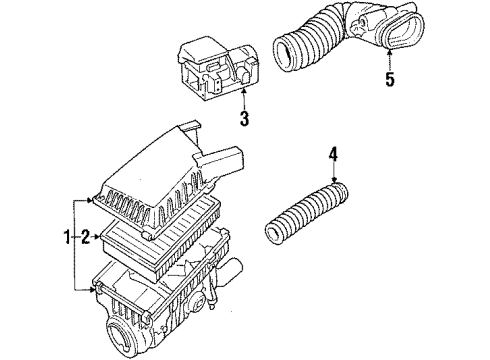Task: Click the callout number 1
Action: click(67, 237)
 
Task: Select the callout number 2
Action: click(85, 237)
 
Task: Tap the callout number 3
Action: click(245, 118)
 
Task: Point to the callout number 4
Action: click(334, 154)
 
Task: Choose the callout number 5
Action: click(390, 79)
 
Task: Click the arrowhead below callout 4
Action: click(335, 181)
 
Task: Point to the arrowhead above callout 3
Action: click(244, 91)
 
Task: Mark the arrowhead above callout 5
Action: click(390, 52)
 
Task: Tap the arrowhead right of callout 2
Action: click(97, 237)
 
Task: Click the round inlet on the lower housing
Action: click(119, 336)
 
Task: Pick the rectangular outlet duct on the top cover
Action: click(222, 161)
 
